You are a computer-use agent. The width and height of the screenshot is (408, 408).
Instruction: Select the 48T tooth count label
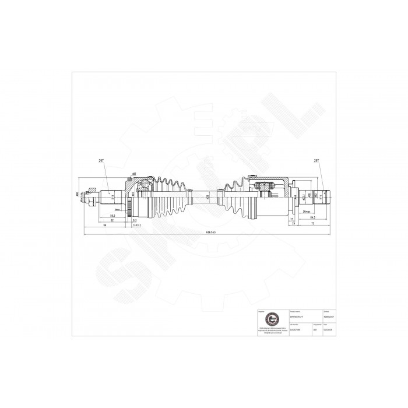pos(133,173)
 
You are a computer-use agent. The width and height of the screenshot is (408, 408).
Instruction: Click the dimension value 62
pos(112,220)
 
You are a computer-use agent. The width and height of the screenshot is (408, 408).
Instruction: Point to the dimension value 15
pos(291,219)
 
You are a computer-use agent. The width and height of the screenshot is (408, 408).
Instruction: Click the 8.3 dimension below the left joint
pos(135,220)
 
